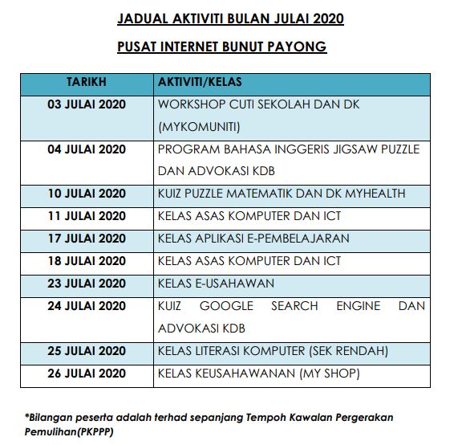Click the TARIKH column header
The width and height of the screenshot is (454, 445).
pyautogui.click(x=87, y=82)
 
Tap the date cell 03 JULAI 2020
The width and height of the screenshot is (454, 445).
pyautogui.click(x=87, y=104)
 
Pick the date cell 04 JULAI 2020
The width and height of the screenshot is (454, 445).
pyautogui.click(x=87, y=149)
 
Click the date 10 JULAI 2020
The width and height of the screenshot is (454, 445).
pyautogui.click(x=87, y=193)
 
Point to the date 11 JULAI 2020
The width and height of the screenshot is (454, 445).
pyautogui.click(x=87, y=215)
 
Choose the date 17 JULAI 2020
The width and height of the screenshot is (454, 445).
pyautogui.click(x=87, y=238)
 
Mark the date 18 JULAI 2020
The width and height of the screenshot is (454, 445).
pyautogui.click(x=87, y=260)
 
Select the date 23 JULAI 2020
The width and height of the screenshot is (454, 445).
pyautogui.click(x=87, y=283)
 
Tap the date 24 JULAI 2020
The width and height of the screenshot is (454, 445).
pyautogui.click(x=87, y=305)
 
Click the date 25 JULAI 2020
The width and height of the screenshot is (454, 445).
pyautogui.click(x=87, y=350)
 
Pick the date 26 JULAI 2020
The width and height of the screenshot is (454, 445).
pyautogui.click(x=87, y=373)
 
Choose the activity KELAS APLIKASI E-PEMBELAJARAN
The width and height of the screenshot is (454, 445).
pyautogui.click(x=253, y=238)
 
